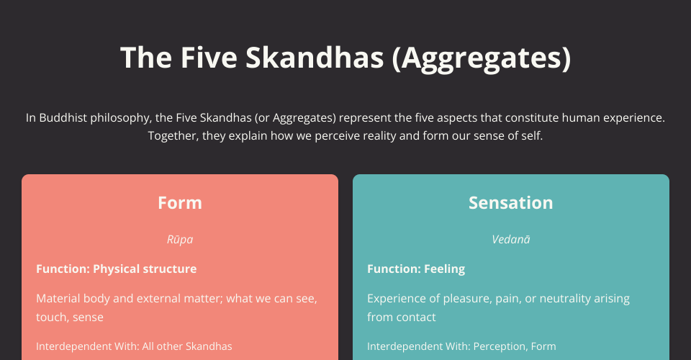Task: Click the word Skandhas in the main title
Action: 315,58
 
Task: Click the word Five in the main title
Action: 209,58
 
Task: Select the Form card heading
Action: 180,203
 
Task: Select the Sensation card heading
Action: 511,203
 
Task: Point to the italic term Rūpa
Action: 180,239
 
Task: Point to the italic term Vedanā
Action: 511,239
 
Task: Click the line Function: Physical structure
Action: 117,269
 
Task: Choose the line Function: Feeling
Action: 416,269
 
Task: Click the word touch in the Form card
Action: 48,317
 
